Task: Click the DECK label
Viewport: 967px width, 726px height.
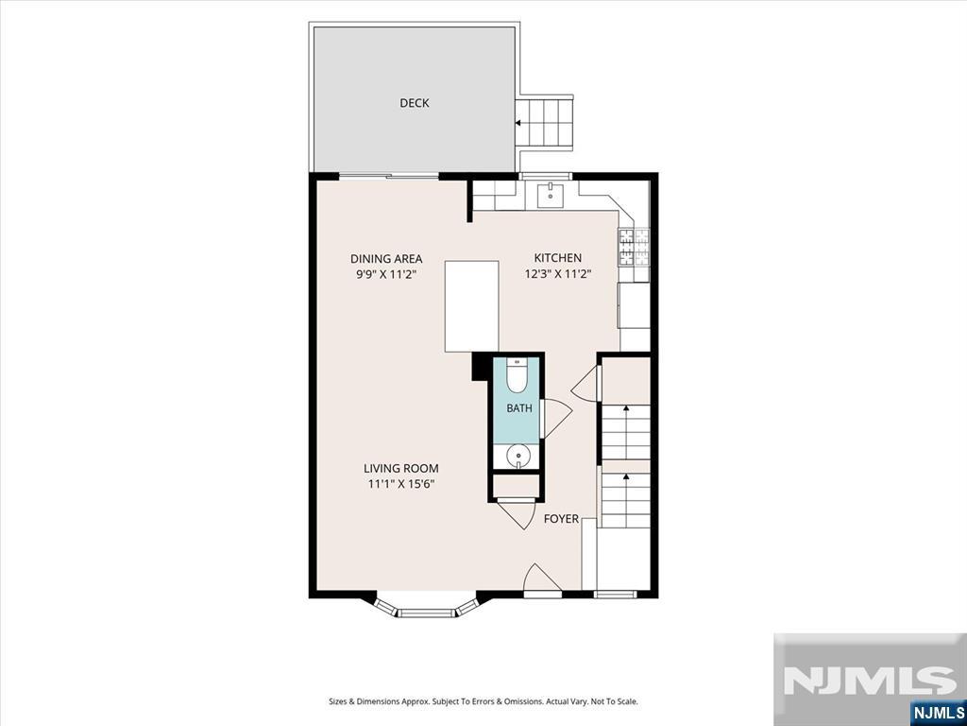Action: (x=414, y=103)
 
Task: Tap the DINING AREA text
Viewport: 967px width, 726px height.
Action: (x=386, y=259)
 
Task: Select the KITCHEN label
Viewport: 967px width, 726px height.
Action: (x=557, y=258)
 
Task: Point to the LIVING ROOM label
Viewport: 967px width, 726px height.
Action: (x=400, y=469)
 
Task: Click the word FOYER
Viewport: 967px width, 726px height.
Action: (x=561, y=519)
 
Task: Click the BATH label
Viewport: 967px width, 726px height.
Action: (x=519, y=408)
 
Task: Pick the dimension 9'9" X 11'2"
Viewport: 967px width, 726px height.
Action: (x=386, y=275)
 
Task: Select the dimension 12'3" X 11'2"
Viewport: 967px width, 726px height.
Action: (x=558, y=274)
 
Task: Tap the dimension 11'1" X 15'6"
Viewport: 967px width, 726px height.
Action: (x=401, y=485)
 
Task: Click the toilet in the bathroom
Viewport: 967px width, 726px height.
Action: (x=517, y=374)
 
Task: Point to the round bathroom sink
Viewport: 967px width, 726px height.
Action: (x=517, y=457)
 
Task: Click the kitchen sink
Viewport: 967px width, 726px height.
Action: (x=551, y=195)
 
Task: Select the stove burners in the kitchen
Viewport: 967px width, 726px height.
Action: (x=635, y=247)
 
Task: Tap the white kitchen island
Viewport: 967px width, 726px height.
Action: (x=472, y=306)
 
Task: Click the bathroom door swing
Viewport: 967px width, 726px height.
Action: (x=556, y=419)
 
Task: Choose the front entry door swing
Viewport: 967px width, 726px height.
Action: (x=541, y=578)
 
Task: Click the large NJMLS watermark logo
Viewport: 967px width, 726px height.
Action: (x=870, y=680)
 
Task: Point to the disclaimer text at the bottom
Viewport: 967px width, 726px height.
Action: (x=483, y=702)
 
